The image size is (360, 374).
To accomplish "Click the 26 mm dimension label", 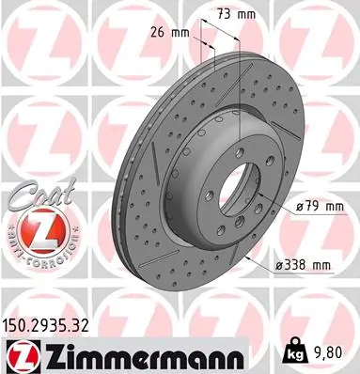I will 173,34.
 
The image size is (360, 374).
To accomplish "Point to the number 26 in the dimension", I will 163,34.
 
